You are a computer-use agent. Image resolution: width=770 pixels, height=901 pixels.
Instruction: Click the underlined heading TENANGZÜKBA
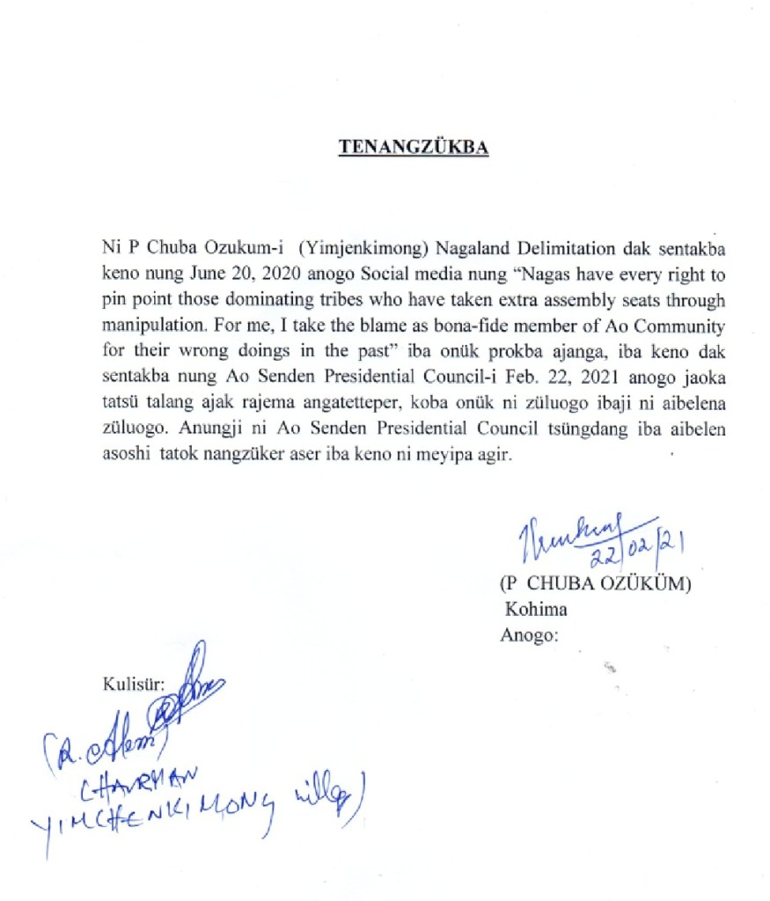point(414,148)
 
